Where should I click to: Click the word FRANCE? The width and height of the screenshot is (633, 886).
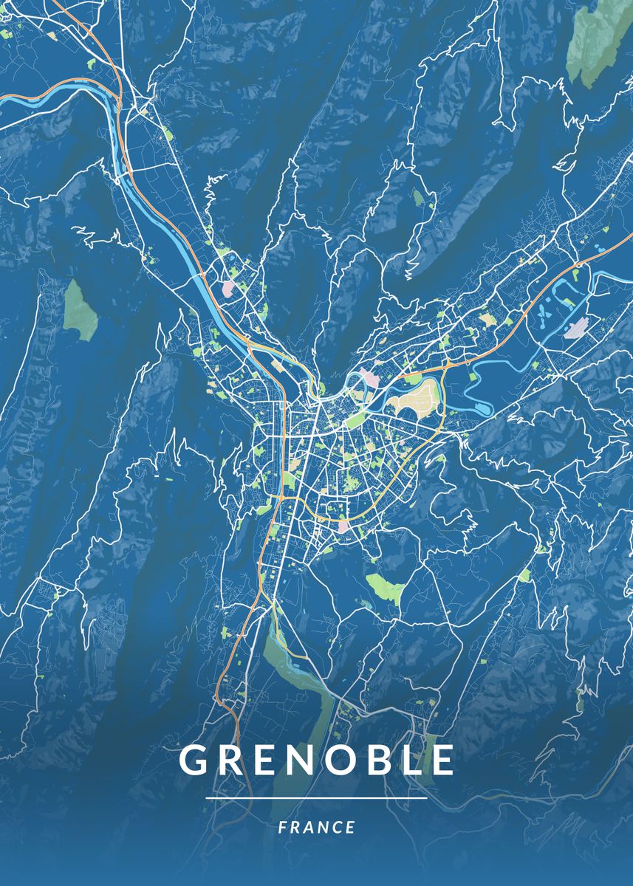coord(317,827)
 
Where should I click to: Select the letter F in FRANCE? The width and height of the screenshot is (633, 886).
coord(283,827)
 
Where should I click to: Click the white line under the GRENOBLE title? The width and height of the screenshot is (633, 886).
coord(316,798)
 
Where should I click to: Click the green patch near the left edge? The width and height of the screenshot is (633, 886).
coord(80,310)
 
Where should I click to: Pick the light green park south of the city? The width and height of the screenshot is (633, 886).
coord(385,588)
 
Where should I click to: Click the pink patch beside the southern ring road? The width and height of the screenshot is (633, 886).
coord(343,526)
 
